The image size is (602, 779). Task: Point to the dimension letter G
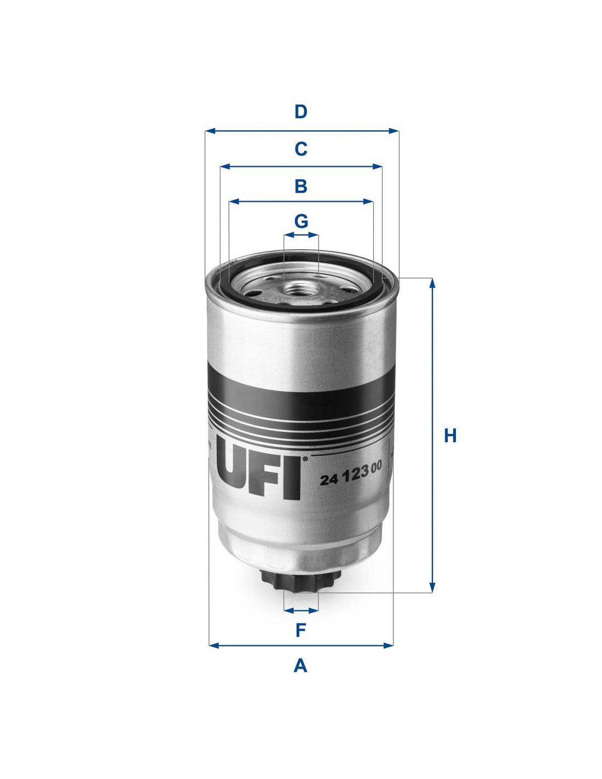301,221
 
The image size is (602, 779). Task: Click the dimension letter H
450,436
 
